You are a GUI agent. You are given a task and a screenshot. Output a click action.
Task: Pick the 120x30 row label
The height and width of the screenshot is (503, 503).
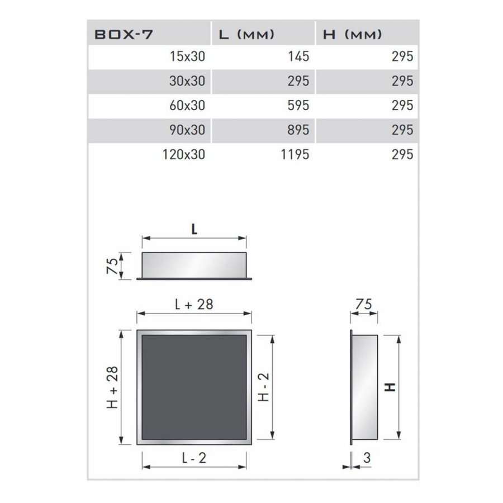pyautogui.click(x=183, y=154)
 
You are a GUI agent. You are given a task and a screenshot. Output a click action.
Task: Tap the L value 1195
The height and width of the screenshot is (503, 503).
pyautogui.click(x=293, y=154)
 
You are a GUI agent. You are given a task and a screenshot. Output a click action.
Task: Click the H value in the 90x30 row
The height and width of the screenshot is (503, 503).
pyautogui.click(x=402, y=130)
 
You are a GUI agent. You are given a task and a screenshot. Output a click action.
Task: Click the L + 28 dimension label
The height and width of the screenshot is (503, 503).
pyautogui.click(x=194, y=305)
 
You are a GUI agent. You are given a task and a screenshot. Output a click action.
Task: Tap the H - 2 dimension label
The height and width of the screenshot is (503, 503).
pyautogui.click(x=264, y=387)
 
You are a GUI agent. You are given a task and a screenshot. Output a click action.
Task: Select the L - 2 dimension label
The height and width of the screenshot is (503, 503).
pyautogui.click(x=194, y=458)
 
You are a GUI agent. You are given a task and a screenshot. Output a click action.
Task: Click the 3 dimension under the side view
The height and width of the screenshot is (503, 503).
pyautogui.click(x=367, y=458)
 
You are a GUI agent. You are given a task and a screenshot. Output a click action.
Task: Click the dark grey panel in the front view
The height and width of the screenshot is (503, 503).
pyautogui.click(x=194, y=387)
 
